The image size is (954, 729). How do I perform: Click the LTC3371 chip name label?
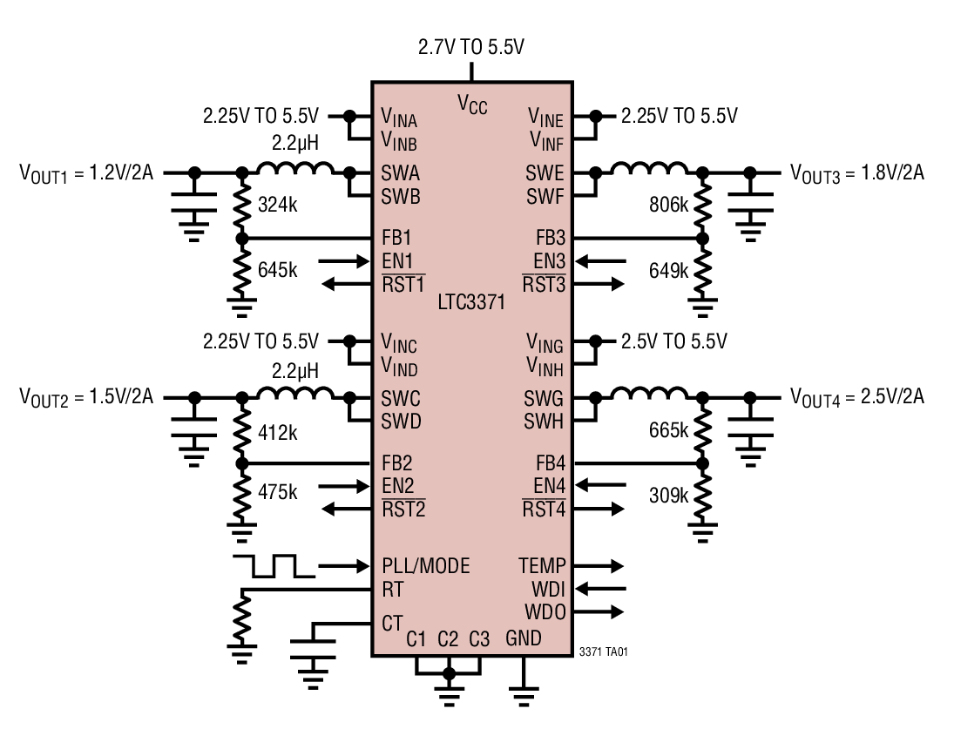click(472, 303)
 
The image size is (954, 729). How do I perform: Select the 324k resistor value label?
click(278, 206)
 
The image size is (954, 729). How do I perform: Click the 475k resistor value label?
click(278, 492)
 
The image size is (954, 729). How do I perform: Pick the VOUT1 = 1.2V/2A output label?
click(86, 172)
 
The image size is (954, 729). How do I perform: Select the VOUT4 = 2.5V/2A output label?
click(857, 397)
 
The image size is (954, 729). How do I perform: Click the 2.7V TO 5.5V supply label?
click(471, 47)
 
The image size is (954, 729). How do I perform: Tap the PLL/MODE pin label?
click(425, 566)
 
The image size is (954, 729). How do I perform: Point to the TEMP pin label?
click(542, 566)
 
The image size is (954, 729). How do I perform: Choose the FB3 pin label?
click(550, 238)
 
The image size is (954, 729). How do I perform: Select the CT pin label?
click(392, 624)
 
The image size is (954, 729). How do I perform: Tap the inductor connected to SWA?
click(295, 169)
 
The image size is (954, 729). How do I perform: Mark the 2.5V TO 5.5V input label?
click(673, 341)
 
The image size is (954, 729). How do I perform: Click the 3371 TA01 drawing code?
click(603, 651)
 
